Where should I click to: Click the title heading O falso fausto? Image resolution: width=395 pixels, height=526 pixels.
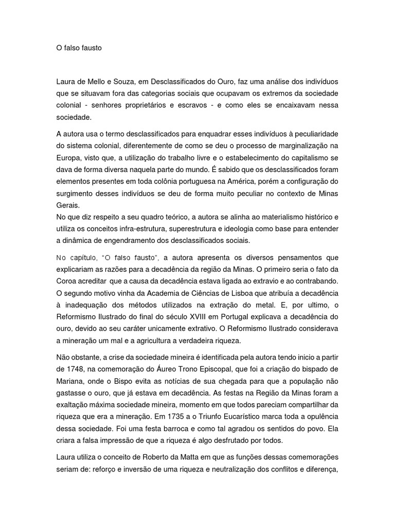tap(79, 48)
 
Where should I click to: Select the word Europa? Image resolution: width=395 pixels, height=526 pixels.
tap(68, 157)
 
